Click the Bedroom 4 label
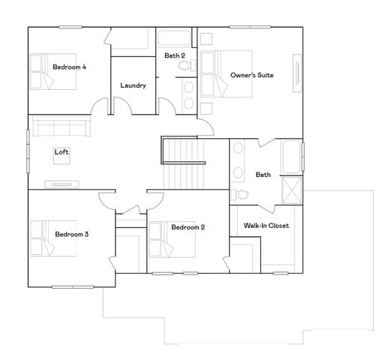pos(69,67)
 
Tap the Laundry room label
pos(133,85)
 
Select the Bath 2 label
pos(175,55)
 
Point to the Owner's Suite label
pos(251,75)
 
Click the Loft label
pos(62,152)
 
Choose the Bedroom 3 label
pos(72,235)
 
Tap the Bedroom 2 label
pos(188,227)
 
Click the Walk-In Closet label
pos(266,226)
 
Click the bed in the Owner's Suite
pos(229,71)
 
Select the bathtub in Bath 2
pos(174,37)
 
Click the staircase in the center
pos(184,169)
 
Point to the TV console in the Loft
pos(62,183)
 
